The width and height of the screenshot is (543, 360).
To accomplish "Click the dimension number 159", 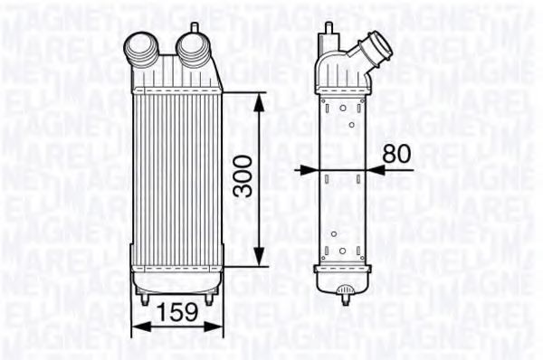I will pos(174,314).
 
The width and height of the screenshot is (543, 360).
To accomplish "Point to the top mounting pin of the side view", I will pos(329,27).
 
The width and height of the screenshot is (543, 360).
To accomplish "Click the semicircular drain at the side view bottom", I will pos(344,291).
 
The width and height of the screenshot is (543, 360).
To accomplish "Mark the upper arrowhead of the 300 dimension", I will pos(261,99).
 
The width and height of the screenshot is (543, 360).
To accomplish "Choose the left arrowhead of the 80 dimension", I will pos(308,169).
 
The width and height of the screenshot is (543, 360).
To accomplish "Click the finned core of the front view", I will pos(175,181).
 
